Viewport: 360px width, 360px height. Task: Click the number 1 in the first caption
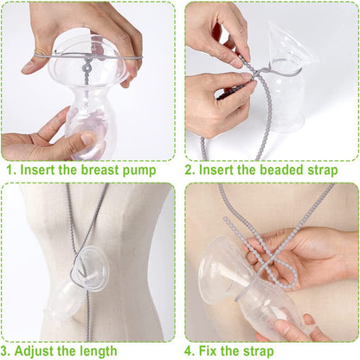point(10,170)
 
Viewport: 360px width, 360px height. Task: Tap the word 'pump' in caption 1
point(139,170)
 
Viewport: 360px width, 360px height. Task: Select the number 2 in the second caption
point(192,170)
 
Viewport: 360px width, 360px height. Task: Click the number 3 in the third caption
point(10,350)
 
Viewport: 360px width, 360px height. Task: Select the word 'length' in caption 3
point(95,350)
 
